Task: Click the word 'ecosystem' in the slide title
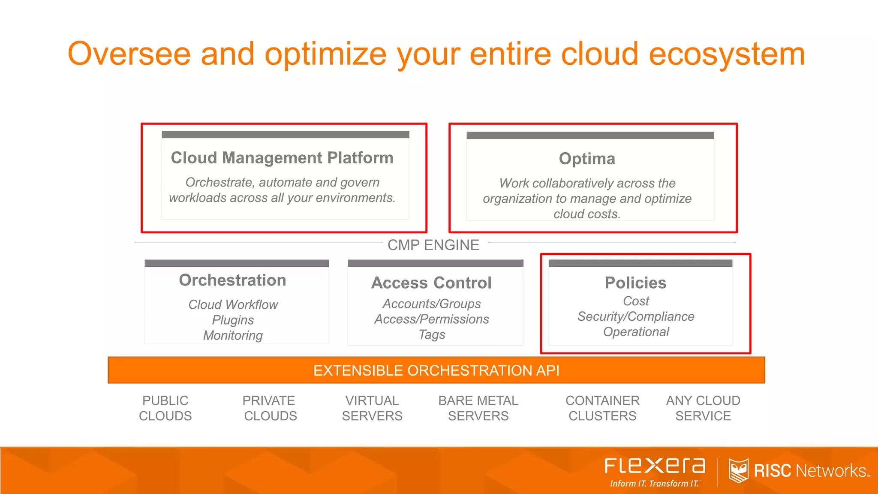point(727,54)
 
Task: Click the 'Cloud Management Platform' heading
point(282,158)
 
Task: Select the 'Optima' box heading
point(587,159)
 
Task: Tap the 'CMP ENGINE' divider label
point(433,245)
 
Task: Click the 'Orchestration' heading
point(232,280)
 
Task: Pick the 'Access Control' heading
point(431,283)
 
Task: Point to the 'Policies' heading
point(635,283)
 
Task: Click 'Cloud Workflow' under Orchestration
point(233,304)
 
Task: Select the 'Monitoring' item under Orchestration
point(233,335)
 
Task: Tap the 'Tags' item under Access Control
point(432,334)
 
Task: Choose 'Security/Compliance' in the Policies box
point(636,316)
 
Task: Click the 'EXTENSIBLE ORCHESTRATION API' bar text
point(436,370)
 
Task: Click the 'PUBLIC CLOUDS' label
point(165,408)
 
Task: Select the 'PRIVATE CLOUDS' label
point(270,408)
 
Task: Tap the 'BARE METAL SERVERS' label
point(478,408)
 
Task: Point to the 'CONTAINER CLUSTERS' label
point(602,408)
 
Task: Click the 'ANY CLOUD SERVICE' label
point(703,408)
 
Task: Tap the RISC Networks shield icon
point(738,470)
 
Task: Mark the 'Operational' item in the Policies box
point(636,332)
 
